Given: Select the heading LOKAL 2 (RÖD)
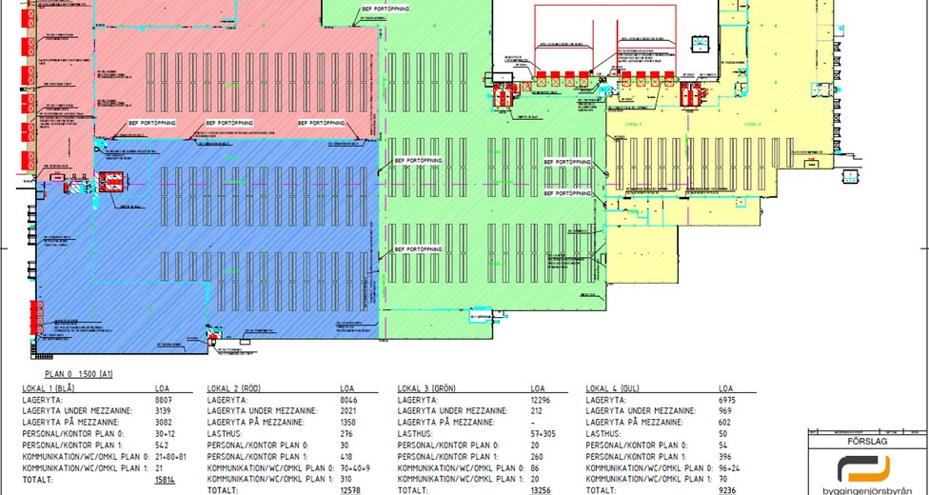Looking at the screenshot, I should point(234,388).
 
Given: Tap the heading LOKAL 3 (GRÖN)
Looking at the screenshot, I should point(425,388).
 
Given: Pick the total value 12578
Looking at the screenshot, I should point(351,489).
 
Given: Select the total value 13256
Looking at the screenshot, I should point(540,489).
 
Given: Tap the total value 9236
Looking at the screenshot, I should point(728,489).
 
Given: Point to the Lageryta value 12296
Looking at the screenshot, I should point(540,400).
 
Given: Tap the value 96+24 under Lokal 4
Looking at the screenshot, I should point(730,468).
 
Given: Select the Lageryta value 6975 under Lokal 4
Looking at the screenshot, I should point(728,400).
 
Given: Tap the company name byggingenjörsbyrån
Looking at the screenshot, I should point(865,486).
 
